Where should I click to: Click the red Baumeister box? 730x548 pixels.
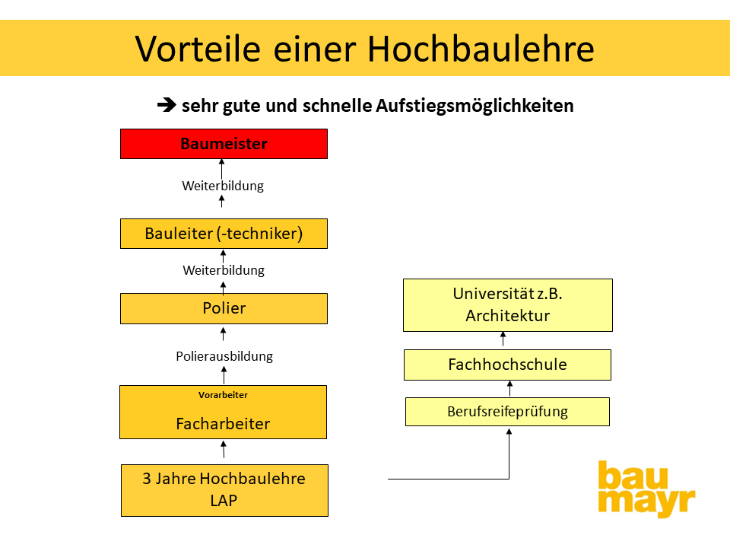[224, 144]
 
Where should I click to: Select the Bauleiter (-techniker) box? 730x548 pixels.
[224, 234]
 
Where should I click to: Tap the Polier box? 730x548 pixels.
[224, 308]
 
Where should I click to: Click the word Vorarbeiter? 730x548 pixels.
[223, 395]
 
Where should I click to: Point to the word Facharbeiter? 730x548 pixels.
[223, 424]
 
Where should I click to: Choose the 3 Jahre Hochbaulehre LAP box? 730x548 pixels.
[224, 490]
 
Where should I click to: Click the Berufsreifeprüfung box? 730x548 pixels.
[507, 412]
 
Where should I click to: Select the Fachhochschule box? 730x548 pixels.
[507, 365]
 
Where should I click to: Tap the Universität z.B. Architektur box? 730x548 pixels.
[508, 305]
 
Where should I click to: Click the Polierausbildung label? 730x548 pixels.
[224, 356]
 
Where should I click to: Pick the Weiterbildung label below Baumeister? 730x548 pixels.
[223, 186]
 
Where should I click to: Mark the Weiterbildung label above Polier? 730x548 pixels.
[224, 270]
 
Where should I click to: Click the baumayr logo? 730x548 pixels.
[646, 489]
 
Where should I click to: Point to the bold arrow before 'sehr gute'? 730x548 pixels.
[167, 105]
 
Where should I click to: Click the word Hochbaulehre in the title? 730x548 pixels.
[481, 49]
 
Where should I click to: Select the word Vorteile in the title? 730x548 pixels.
[198, 49]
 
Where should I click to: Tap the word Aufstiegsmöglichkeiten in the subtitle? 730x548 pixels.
[474, 106]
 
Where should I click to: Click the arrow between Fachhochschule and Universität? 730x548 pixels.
[503, 339]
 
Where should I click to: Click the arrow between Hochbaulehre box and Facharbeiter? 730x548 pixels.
[224, 449]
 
